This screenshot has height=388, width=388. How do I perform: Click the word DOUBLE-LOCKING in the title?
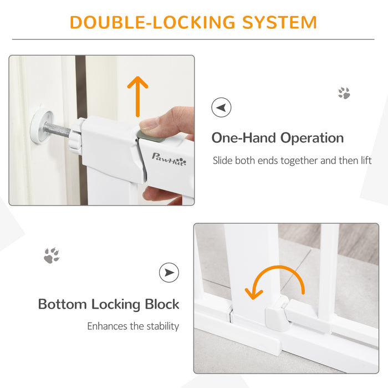tap(141, 22)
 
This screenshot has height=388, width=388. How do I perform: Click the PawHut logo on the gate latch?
tap(169, 161)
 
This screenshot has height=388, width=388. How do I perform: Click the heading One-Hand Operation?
tap(278, 138)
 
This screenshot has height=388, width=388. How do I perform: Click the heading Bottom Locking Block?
tap(109, 304)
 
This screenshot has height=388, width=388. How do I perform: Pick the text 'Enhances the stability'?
tap(133, 326)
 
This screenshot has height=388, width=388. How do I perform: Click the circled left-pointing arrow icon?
tap(222, 108)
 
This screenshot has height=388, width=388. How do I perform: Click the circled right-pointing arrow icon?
tap(169, 272)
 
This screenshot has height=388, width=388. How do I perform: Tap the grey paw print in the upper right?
tap(344, 93)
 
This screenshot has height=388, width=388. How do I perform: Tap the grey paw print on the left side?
tap(52, 256)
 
